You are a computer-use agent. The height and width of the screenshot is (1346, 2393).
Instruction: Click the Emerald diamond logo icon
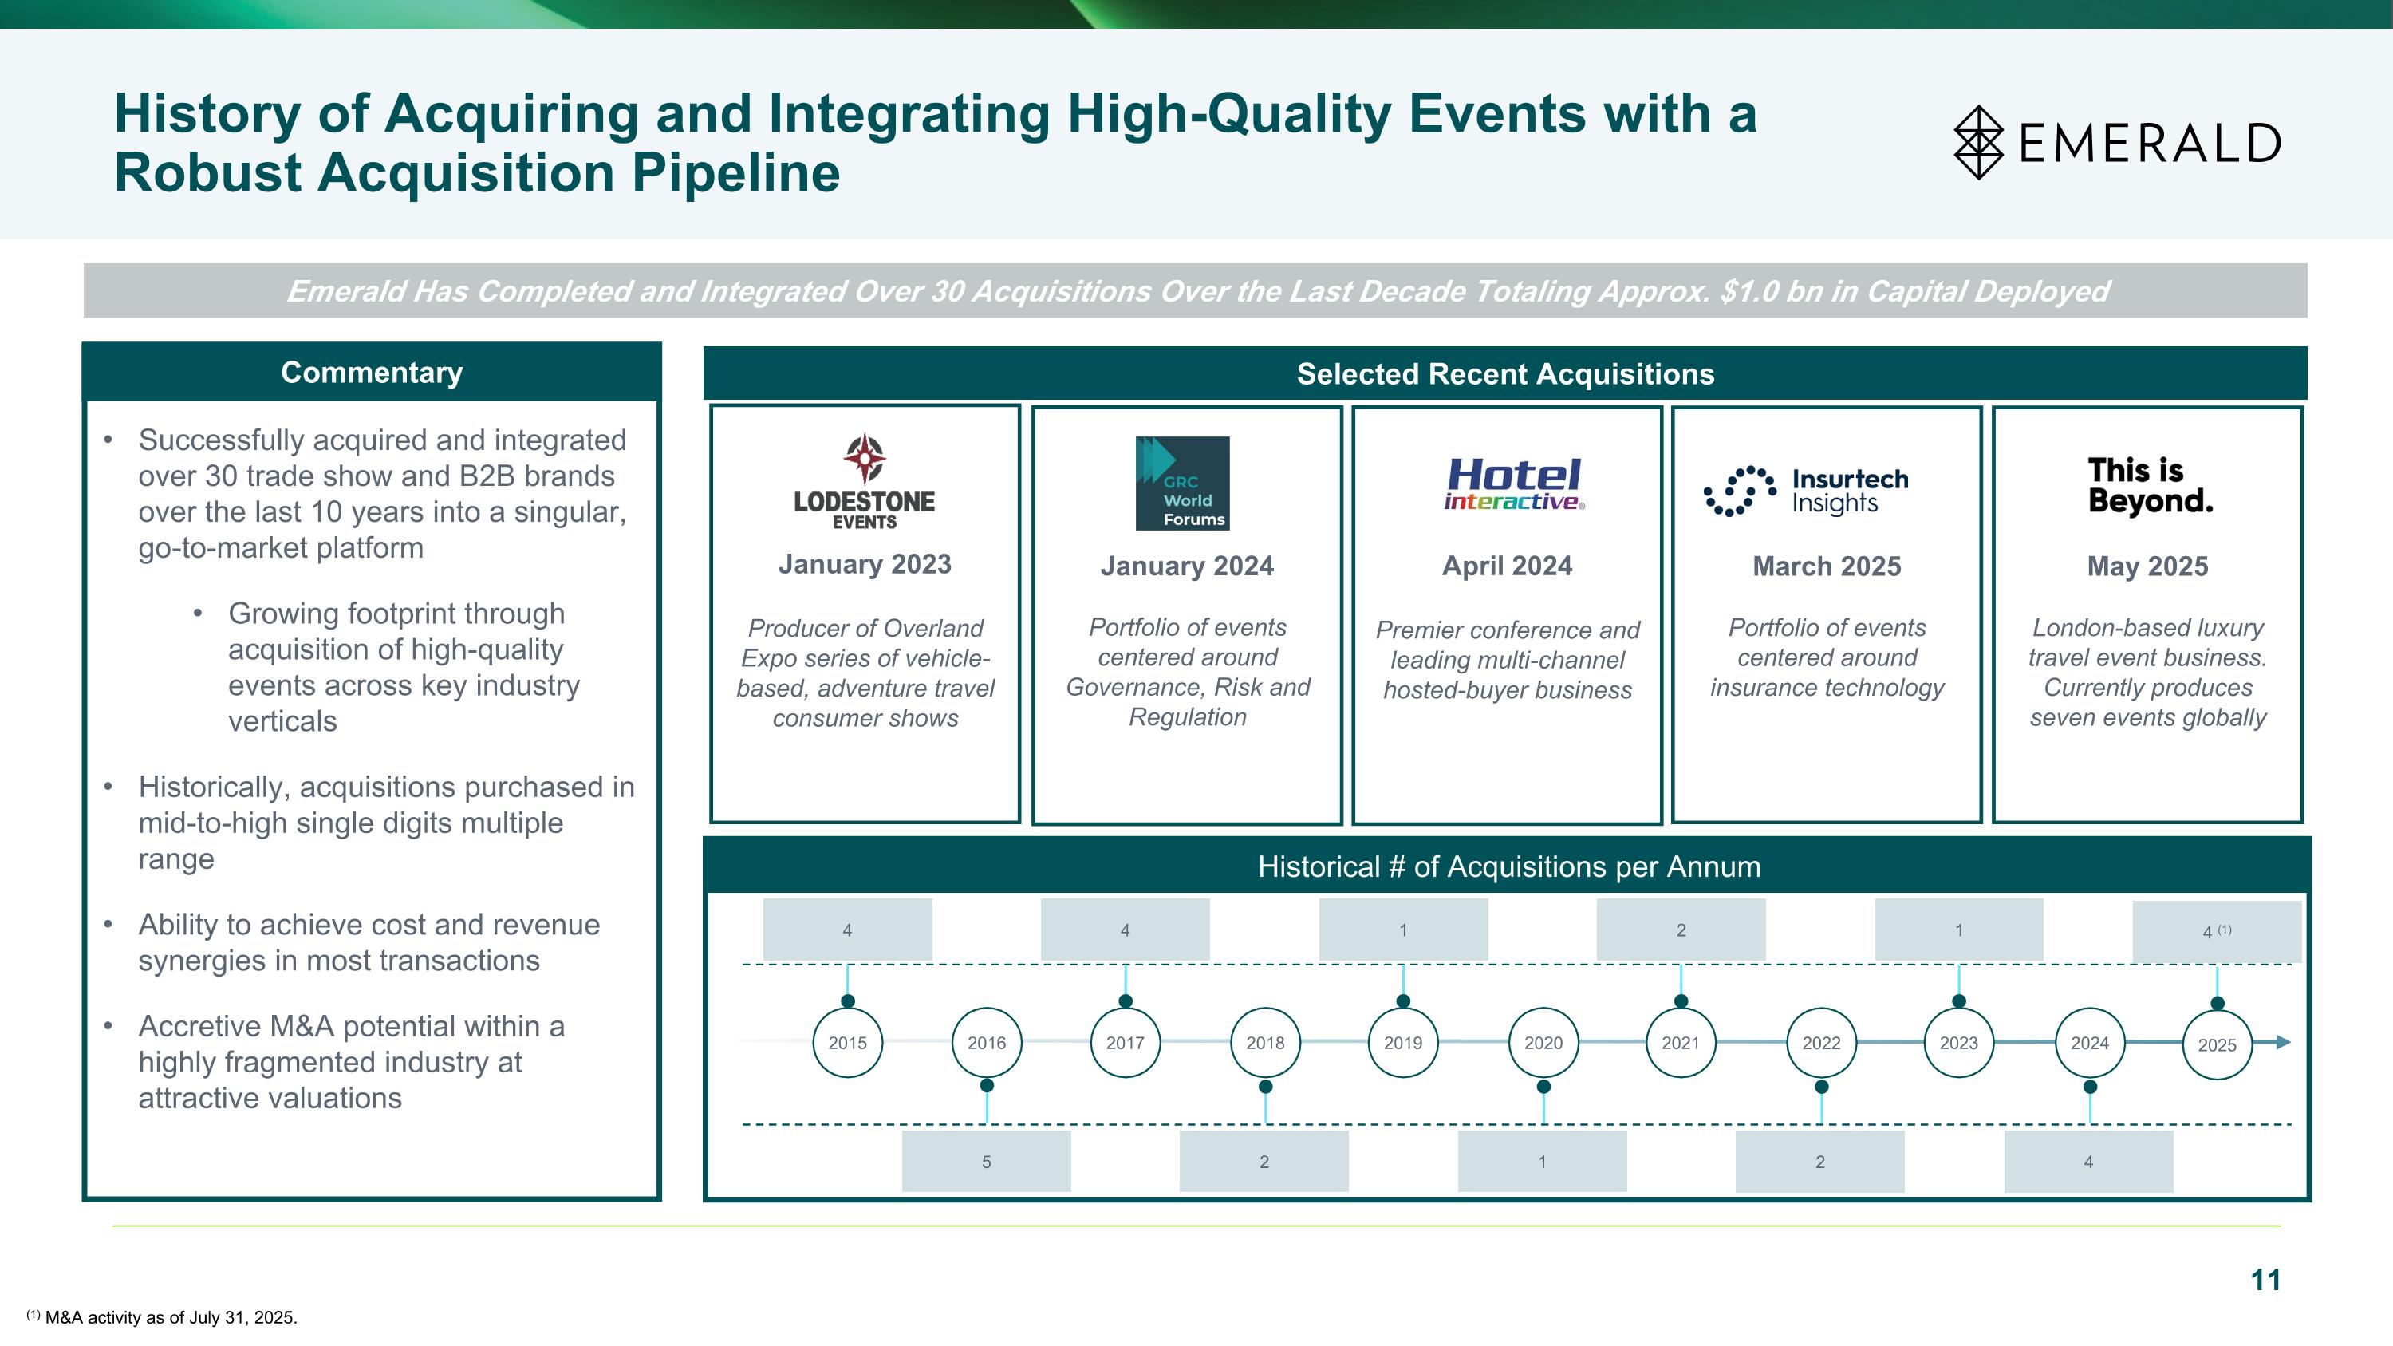tap(1979, 142)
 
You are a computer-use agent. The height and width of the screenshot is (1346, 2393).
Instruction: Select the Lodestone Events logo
tap(864, 481)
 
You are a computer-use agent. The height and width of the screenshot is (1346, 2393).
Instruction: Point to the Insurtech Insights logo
tap(1806, 491)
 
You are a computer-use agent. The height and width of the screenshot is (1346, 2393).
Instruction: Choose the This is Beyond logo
tap(2150, 485)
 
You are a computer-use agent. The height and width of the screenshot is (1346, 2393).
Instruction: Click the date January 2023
tap(864, 564)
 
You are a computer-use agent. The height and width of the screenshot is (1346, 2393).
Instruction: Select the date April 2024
tap(1507, 566)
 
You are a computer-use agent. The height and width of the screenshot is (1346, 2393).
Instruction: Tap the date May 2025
tap(2147, 566)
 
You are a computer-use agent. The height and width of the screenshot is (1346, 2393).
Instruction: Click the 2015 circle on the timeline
tap(847, 1042)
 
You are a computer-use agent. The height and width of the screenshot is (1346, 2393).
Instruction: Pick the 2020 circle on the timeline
tap(1543, 1042)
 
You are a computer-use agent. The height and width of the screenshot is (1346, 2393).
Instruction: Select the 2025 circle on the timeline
tap(2217, 1044)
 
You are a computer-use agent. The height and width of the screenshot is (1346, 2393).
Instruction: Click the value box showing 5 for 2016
tap(986, 1161)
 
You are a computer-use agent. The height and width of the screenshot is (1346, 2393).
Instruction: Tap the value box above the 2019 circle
tap(1403, 929)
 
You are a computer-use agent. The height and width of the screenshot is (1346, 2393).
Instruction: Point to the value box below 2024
tap(2088, 1161)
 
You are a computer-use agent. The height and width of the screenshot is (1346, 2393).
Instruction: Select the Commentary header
tap(372, 373)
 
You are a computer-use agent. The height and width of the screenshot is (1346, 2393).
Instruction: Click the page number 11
tap(2265, 1280)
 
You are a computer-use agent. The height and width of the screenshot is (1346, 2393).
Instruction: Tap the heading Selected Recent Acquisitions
tap(1505, 373)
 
